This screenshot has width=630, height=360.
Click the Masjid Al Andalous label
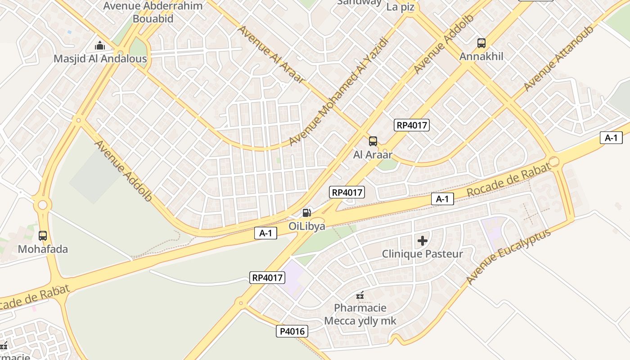[x=100, y=59]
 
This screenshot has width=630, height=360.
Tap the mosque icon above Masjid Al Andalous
[x=100, y=45]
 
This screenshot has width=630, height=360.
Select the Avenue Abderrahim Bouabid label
[x=153, y=12]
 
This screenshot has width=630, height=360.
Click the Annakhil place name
[x=481, y=57]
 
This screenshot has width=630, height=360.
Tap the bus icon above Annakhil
[x=481, y=43]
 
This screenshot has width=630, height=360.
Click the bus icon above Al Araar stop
[x=373, y=141]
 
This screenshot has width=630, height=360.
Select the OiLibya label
[x=307, y=226]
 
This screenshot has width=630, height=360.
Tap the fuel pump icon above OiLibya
[x=306, y=212]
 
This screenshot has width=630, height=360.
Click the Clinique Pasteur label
[x=422, y=254]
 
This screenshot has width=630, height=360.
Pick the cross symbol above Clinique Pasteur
[x=423, y=241]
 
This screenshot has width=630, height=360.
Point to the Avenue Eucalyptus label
[x=508, y=256]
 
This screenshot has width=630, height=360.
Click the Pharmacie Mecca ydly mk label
[x=360, y=315]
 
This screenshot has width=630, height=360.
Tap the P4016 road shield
[x=292, y=332]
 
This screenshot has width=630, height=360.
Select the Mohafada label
[x=43, y=249]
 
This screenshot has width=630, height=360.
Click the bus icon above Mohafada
[x=43, y=235]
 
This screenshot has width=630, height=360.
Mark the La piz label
[x=400, y=7]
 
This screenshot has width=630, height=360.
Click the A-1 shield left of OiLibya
[x=265, y=233]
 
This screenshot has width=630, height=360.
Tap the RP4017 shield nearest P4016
[x=268, y=278]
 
